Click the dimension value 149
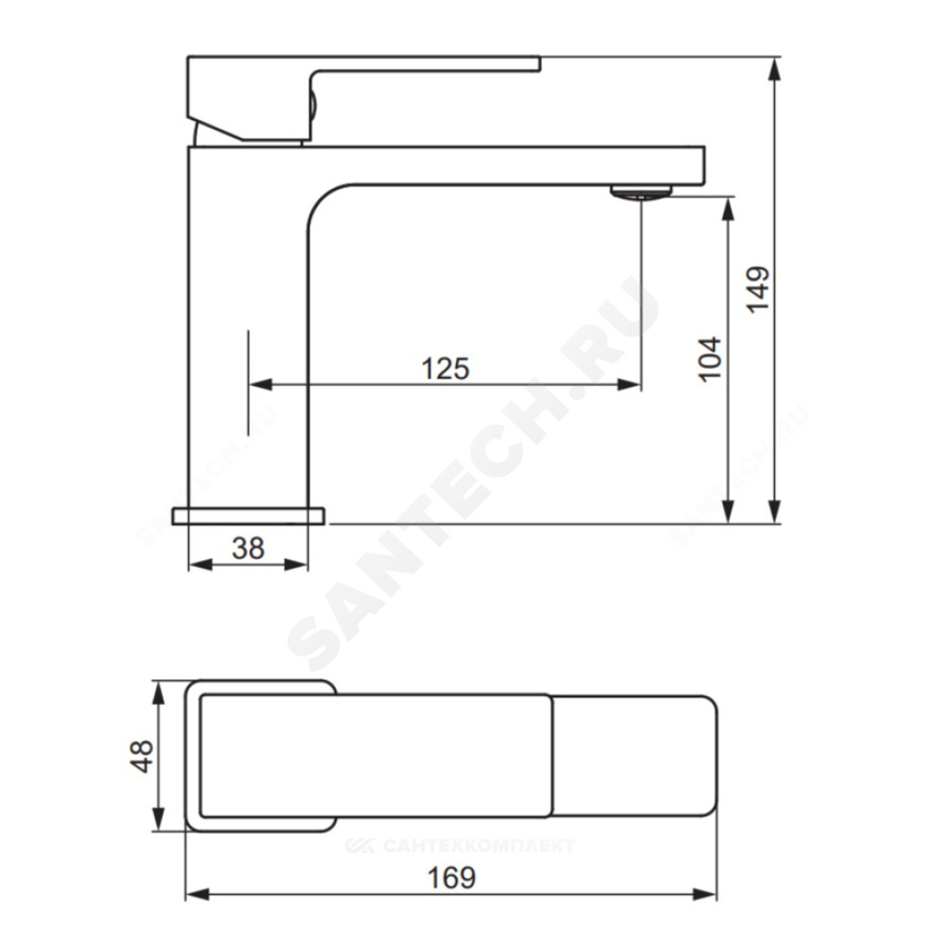click(759, 289)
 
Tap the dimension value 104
click(709, 359)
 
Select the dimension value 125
click(446, 369)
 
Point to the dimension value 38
click(248, 549)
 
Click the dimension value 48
click(142, 757)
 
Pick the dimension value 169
click(451, 878)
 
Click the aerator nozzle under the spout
click(640, 192)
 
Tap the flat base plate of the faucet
click(248, 517)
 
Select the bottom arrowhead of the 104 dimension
click(728, 512)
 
